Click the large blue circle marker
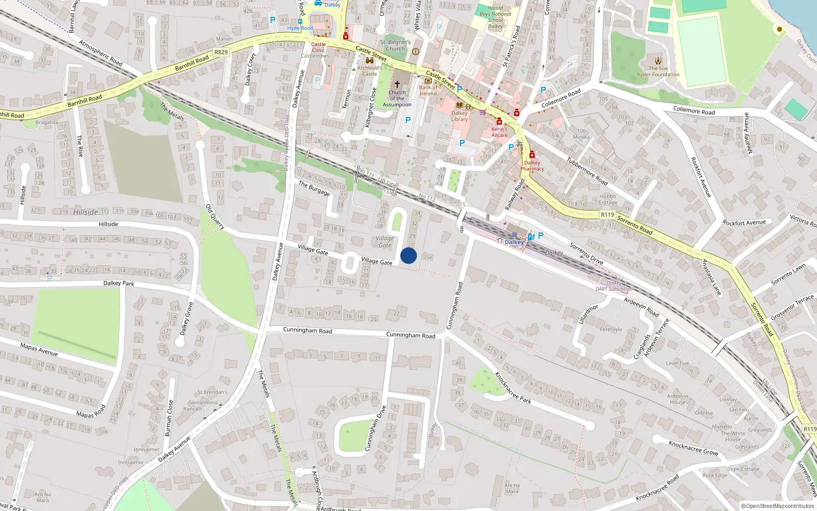pyautogui.click(x=408, y=255)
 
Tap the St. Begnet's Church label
pyautogui.click(x=395, y=45)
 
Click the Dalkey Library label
pyautogui.click(x=459, y=116)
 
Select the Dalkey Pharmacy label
pyautogui.click(x=532, y=166)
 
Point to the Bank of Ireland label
pyautogui.click(x=428, y=90)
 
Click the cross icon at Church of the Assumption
pyautogui.click(x=397, y=84)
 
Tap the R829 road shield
pyautogui.click(x=221, y=52)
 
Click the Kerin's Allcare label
pyautogui.click(x=499, y=132)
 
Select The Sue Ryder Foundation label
pyautogui.click(x=658, y=72)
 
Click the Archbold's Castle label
pyautogui.click(x=369, y=71)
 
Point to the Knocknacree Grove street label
pyautogui.click(x=693, y=448)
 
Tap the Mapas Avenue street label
pyautogui.click(x=39, y=350)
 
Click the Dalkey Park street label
pyautogui.click(x=118, y=283)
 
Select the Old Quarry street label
pyautogui.click(x=215, y=216)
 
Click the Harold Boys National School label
pyautogui.click(x=495, y=17)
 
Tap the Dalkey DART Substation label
pyautogui.click(x=614, y=286)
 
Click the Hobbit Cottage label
pyautogui.click(x=608, y=199)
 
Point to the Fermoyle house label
pyautogui.click(x=611, y=330)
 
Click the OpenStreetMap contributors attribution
pyautogui.click(x=778, y=506)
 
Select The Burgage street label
pyautogui.click(x=314, y=188)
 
